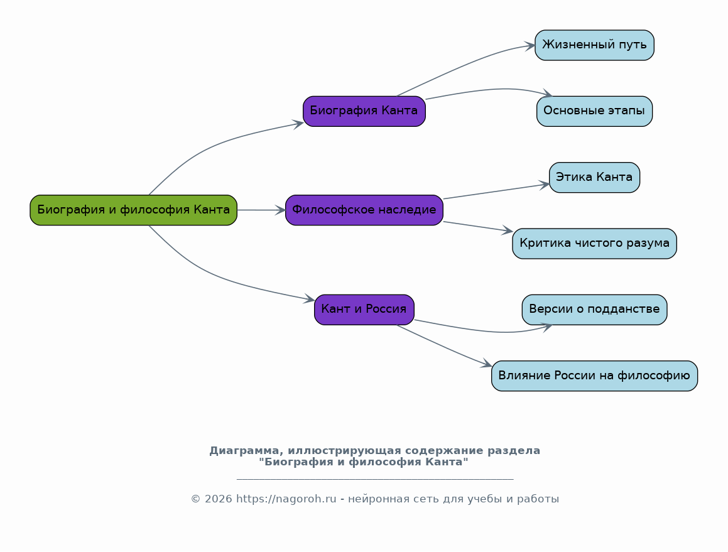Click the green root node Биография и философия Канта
point(134,210)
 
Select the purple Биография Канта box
point(364,111)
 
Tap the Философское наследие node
point(364,210)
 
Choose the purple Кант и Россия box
point(364,310)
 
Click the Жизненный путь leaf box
point(594,45)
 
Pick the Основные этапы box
point(594,111)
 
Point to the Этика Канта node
point(594,177)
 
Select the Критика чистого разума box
point(594,244)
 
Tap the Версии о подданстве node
point(594,310)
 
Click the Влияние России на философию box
point(594,376)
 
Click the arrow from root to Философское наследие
point(261,210)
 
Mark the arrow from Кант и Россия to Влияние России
point(444,347)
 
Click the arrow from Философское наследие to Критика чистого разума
point(478,227)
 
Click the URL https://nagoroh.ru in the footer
point(286,499)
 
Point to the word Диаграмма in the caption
point(246,451)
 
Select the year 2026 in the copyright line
point(218,499)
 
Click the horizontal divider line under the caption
point(375,479)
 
